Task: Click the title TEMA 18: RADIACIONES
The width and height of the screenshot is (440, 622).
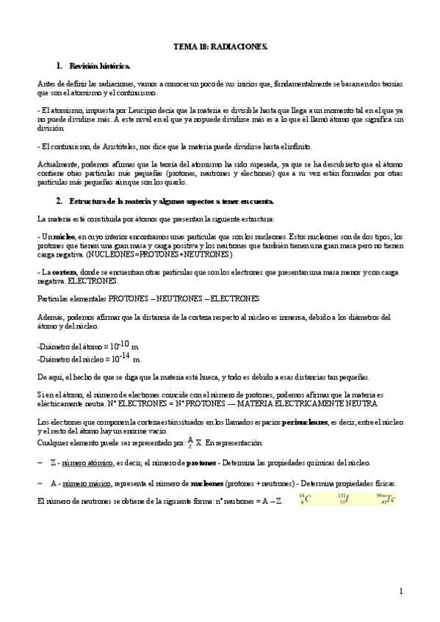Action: (220, 45)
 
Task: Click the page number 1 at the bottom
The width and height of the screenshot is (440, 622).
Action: (401, 590)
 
